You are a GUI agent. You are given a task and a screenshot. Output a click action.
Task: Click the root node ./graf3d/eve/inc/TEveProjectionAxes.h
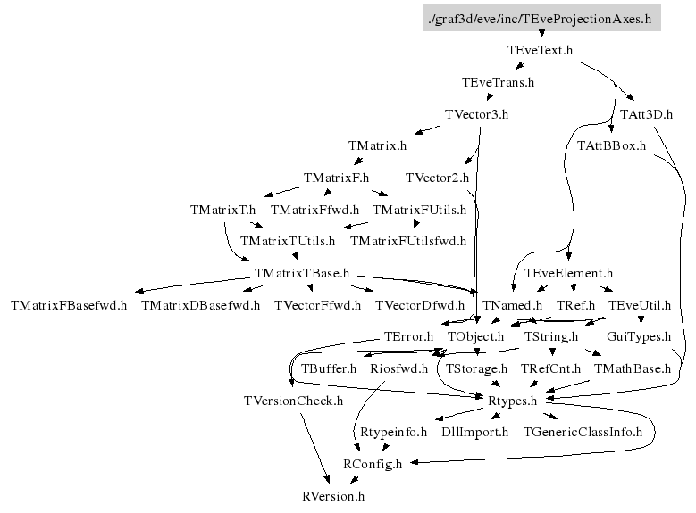541,18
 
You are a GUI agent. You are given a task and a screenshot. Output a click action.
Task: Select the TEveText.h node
540,50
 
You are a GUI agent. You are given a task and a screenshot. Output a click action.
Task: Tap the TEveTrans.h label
498,82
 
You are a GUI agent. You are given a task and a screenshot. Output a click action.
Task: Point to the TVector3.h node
476,114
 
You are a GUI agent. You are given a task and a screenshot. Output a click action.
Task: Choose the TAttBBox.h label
611,145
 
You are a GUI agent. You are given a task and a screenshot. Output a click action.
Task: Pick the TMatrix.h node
377,145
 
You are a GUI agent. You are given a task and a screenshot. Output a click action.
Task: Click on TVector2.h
437,178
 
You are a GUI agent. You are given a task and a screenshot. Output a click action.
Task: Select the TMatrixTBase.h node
302,273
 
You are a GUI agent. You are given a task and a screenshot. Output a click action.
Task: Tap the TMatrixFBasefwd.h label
69,305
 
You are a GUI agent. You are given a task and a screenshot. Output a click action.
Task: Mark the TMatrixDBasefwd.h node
200,305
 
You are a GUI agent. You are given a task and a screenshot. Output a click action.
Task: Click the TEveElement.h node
568,273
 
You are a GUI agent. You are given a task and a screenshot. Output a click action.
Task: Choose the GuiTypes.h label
638,336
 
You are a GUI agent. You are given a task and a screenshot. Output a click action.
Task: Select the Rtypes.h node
512,401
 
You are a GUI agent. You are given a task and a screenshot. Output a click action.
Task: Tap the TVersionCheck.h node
293,401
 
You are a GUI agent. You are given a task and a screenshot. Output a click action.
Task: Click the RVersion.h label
333,495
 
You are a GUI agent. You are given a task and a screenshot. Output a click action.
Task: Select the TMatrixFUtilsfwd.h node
408,241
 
